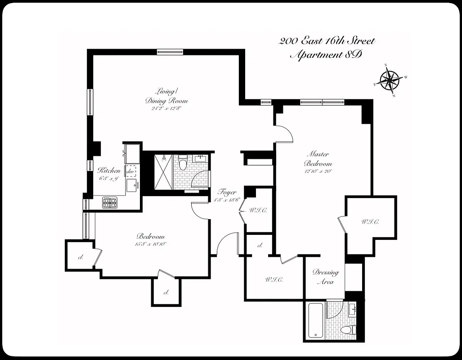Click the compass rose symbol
pyautogui.click(x=390, y=81)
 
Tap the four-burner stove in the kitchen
pyautogui.click(x=109, y=203)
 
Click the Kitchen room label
pyautogui.click(x=109, y=171)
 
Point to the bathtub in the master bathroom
pyautogui.click(x=315, y=320)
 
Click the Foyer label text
pyautogui.click(x=227, y=192)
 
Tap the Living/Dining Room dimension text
pyautogui.click(x=166, y=108)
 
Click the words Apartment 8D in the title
pyautogui.click(x=326, y=55)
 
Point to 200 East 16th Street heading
pyautogui.click(x=327, y=41)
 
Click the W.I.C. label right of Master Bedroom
pyautogui.click(x=370, y=222)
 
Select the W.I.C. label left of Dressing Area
pyautogui.click(x=274, y=279)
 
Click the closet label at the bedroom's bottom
pyautogui.click(x=166, y=292)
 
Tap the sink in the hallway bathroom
pyautogui.click(x=202, y=159)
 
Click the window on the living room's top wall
pyautogui.click(x=170, y=52)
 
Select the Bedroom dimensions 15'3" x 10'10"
pyautogui.click(x=150, y=244)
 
